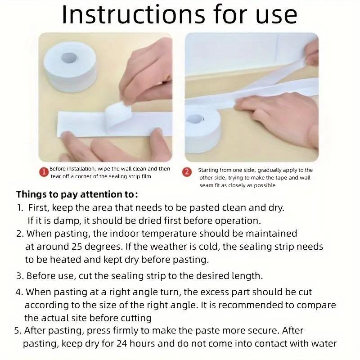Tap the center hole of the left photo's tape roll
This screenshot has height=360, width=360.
70,58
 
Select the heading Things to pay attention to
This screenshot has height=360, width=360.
77,195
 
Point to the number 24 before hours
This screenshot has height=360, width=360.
123,344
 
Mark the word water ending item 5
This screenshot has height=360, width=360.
324,344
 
